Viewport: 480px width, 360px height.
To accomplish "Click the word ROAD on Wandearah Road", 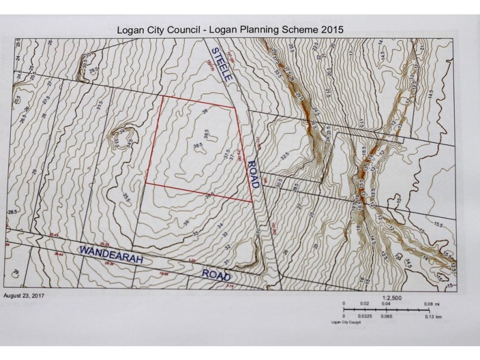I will pos(216,274).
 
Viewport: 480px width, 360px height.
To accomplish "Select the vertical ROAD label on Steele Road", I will pos(253,174).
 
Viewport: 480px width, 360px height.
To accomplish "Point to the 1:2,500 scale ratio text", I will pos(391,296).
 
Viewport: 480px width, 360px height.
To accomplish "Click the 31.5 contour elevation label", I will pos(100,104).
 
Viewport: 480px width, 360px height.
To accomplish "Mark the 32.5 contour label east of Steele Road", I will pos(286,157).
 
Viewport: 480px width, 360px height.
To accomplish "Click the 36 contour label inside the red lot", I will pos(205,112).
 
